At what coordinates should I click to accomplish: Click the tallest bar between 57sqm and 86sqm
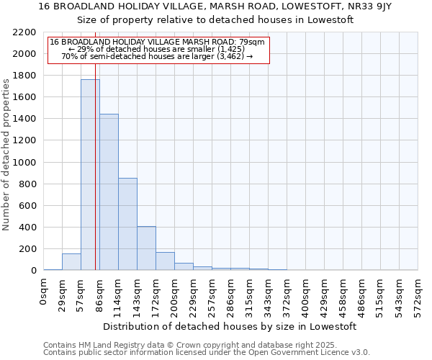[90, 175]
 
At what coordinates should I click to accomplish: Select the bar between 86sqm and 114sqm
[109, 192]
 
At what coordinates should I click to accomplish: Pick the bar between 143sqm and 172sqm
[146, 248]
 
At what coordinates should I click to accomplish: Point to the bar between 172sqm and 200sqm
[165, 261]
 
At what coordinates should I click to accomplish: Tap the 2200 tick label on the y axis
[24, 32]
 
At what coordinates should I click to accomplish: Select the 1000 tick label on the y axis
[24, 163]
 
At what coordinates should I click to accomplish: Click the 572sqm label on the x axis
[418, 291]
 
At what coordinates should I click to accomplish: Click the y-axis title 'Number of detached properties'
[6, 151]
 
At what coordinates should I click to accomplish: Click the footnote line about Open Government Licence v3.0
[207, 353]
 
